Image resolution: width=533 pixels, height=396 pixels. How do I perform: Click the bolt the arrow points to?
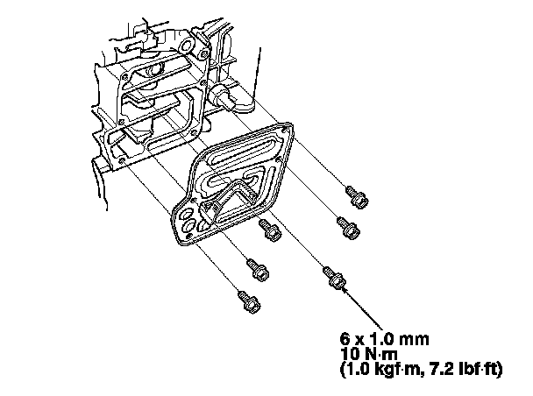pos(333,277)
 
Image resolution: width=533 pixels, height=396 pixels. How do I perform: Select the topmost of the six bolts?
pos(355,195)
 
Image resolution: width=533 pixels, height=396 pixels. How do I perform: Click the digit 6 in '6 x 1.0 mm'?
pos(346,336)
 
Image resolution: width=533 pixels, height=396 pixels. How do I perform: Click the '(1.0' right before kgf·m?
pos(356,369)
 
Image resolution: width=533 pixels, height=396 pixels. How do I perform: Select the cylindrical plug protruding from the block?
pos(235,97)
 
